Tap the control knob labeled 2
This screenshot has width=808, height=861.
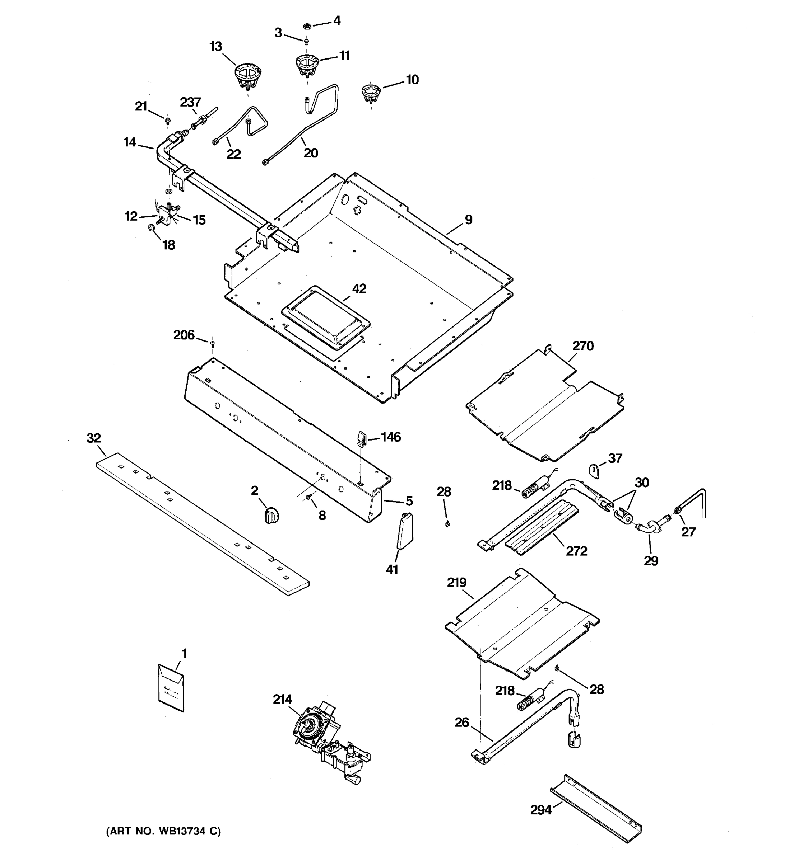271,516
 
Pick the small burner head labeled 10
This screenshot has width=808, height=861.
371,94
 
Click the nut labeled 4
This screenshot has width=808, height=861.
307,25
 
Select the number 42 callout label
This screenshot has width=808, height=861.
359,289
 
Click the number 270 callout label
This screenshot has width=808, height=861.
582,346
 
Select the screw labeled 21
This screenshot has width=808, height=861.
167,118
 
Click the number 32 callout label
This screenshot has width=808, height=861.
94,438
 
